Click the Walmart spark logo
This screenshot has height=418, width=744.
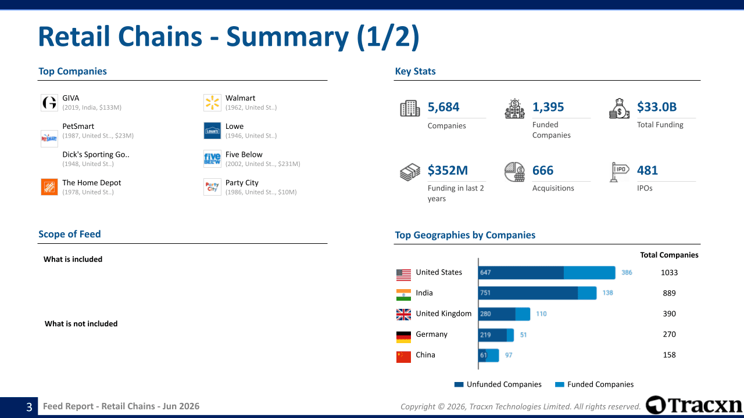[x=212, y=103]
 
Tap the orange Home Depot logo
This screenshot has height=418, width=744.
[x=49, y=187]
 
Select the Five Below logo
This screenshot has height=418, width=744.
[x=212, y=159]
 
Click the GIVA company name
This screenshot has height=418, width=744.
[x=71, y=98]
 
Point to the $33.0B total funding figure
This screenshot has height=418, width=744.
[x=657, y=107]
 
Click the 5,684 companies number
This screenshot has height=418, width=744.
[x=443, y=107]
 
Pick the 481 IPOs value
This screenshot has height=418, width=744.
[x=648, y=170]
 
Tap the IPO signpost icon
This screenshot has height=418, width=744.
[x=619, y=172]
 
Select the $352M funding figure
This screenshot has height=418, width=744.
[x=448, y=170]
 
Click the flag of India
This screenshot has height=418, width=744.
[x=403, y=294]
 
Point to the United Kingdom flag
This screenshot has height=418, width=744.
[x=403, y=315]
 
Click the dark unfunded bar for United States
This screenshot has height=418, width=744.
[x=521, y=273]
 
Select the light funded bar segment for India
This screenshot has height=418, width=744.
[x=587, y=293]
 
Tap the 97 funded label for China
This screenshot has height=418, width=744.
[x=509, y=355]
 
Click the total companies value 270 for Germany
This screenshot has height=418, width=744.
[x=669, y=334]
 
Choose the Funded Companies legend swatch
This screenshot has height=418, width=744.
[x=560, y=384]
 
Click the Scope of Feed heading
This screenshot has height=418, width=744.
[x=69, y=234]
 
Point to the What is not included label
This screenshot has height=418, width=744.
[x=81, y=323]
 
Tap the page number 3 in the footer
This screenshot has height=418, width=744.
[x=29, y=407]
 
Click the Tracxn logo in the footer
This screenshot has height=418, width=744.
[x=694, y=405]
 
